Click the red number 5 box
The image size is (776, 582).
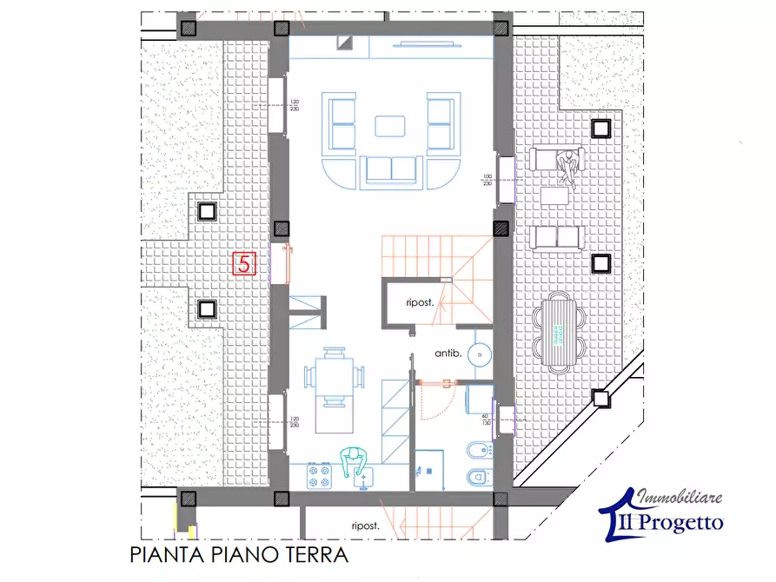[x=244, y=263]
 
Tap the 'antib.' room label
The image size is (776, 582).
[x=448, y=354]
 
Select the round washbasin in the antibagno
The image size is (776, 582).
[x=479, y=354]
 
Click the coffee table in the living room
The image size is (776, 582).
[x=391, y=127]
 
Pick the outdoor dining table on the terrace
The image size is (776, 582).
[x=556, y=331]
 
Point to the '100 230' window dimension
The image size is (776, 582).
[x=487, y=180]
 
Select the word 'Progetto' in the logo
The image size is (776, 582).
[x=688, y=522]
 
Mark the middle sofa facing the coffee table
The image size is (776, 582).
[x=391, y=169]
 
